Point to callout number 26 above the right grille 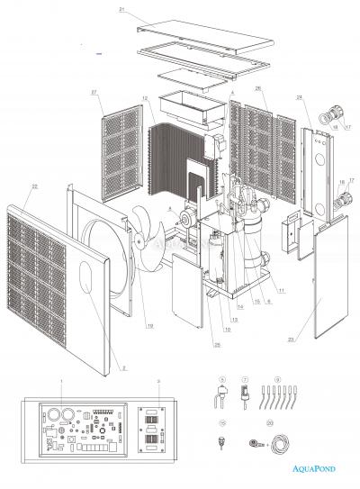[x=257, y=88]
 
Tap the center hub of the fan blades [x=146, y=233]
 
